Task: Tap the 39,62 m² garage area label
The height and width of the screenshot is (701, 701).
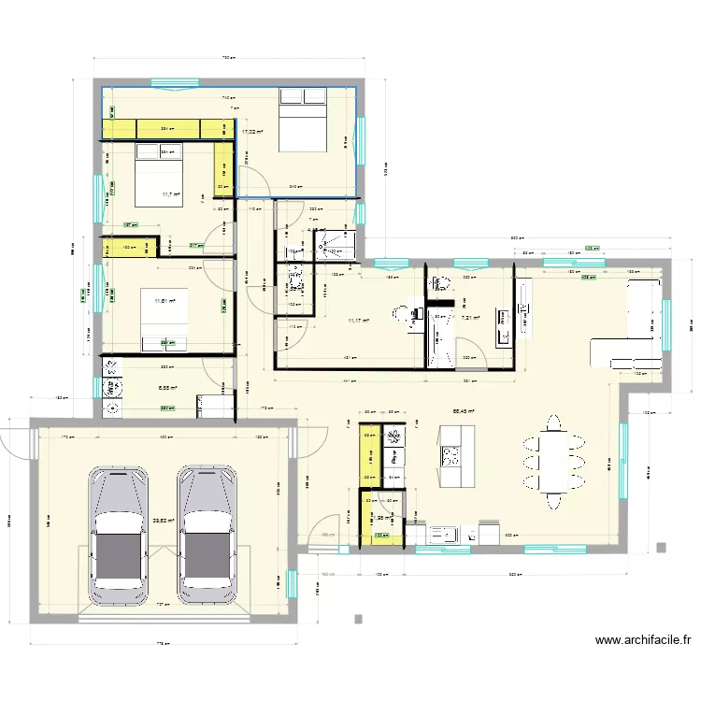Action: (165, 521)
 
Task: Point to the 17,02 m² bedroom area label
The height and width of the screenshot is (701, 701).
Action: (251, 133)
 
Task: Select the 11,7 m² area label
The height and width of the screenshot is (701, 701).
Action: (170, 194)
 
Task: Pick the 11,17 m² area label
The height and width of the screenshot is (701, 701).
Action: (358, 321)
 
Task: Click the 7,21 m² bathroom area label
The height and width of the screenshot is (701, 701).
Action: (469, 318)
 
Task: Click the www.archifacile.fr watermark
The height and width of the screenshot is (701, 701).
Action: (643, 641)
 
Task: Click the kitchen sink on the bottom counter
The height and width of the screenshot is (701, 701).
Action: (442, 535)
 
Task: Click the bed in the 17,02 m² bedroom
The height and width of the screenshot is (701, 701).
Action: (302, 120)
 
